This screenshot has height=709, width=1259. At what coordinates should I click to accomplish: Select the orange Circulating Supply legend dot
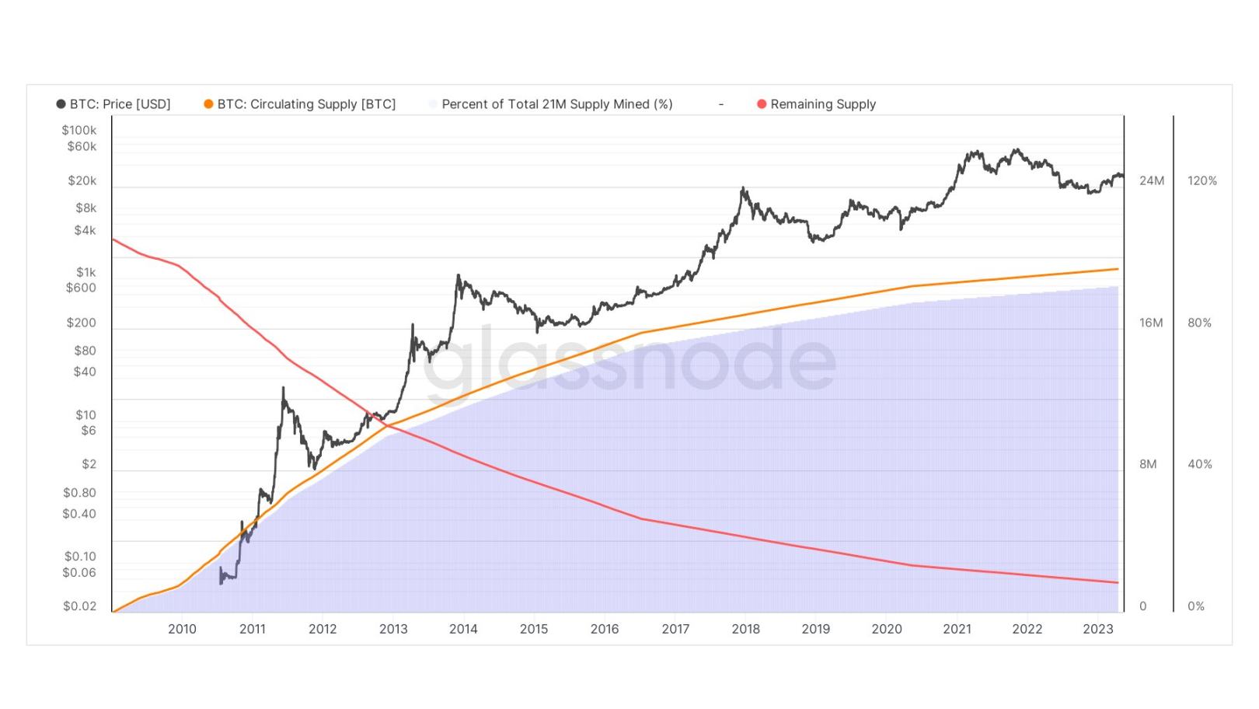[x=208, y=104]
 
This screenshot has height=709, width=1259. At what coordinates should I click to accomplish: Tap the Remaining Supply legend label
[x=823, y=104]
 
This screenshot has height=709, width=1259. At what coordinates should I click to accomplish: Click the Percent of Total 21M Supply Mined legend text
[x=556, y=104]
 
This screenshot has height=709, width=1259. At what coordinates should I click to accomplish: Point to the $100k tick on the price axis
[x=79, y=130]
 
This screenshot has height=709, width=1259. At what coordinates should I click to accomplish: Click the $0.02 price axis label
[x=79, y=606]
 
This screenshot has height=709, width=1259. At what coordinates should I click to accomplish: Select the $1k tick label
[x=85, y=272]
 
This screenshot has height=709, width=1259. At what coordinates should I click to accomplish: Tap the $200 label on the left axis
[x=81, y=323]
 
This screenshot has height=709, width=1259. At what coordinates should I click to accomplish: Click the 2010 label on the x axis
[x=182, y=629]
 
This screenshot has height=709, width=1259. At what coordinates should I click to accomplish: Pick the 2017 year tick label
[x=675, y=629]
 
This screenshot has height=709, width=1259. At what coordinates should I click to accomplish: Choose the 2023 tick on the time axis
[x=1097, y=629]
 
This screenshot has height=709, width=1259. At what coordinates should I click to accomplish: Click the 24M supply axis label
[x=1152, y=180]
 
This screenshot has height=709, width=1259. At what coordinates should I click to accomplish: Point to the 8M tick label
[x=1148, y=464]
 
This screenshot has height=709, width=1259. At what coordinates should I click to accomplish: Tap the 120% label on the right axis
[x=1202, y=180]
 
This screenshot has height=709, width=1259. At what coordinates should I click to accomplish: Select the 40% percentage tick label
[x=1199, y=464]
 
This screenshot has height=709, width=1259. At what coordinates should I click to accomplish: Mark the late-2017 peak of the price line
[x=743, y=188]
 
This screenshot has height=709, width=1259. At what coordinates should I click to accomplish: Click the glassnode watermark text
[x=629, y=359]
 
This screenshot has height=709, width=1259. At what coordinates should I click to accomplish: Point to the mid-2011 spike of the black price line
[x=283, y=389]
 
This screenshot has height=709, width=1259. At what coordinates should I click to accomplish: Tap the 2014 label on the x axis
[x=463, y=629]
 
